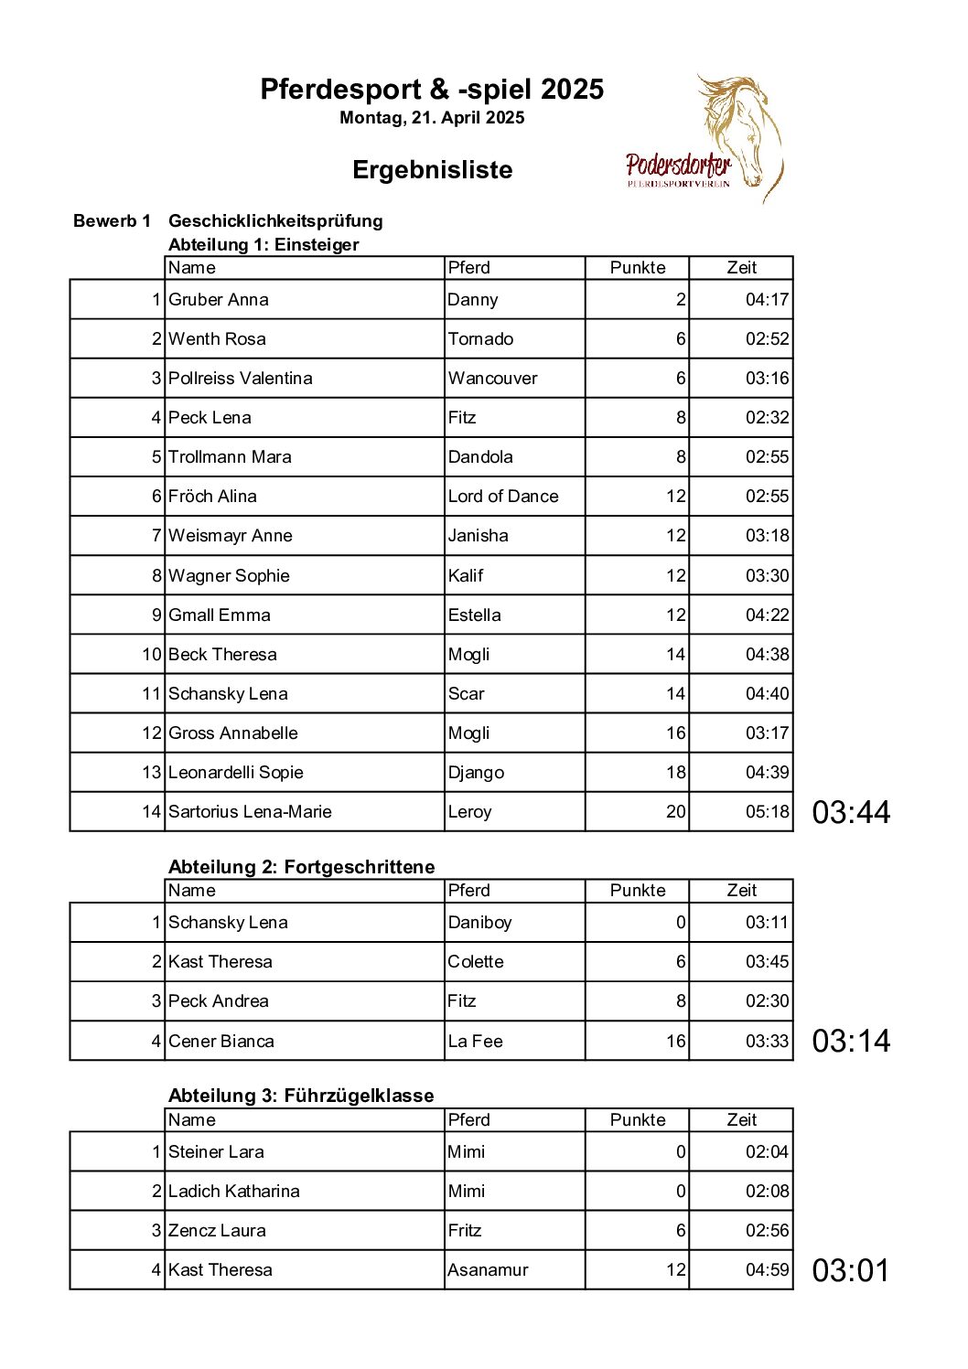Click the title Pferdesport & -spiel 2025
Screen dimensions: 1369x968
(x=432, y=90)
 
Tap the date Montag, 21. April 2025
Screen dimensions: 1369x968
(x=432, y=118)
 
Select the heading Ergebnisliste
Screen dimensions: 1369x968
(x=432, y=170)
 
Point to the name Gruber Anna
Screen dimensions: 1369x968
(x=219, y=300)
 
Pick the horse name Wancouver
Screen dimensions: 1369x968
(x=492, y=379)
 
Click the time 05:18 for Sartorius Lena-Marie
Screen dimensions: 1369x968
(x=767, y=812)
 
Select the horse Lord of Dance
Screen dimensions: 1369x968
(x=503, y=497)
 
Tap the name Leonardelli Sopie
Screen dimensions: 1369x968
(x=235, y=773)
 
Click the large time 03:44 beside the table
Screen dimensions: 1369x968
(x=851, y=812)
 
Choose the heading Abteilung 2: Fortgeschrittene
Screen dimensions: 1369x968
(x=302, y=867)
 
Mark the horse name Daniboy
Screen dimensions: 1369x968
(x=479, y=923)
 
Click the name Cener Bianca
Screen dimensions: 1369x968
(x=221, y=1042)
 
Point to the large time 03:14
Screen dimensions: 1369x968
(x=851, y=1041)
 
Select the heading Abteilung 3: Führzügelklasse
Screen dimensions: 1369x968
(x=301, y=1096)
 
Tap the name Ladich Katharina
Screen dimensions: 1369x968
(x=234, y=1192)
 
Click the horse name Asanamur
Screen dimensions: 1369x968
(x=488, y=1270)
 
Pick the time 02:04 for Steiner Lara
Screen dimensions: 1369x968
(x=767, y=1152)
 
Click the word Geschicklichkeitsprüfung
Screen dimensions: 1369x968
(x=275, y=221)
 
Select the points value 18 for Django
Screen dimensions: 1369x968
(x=675, y=773)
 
